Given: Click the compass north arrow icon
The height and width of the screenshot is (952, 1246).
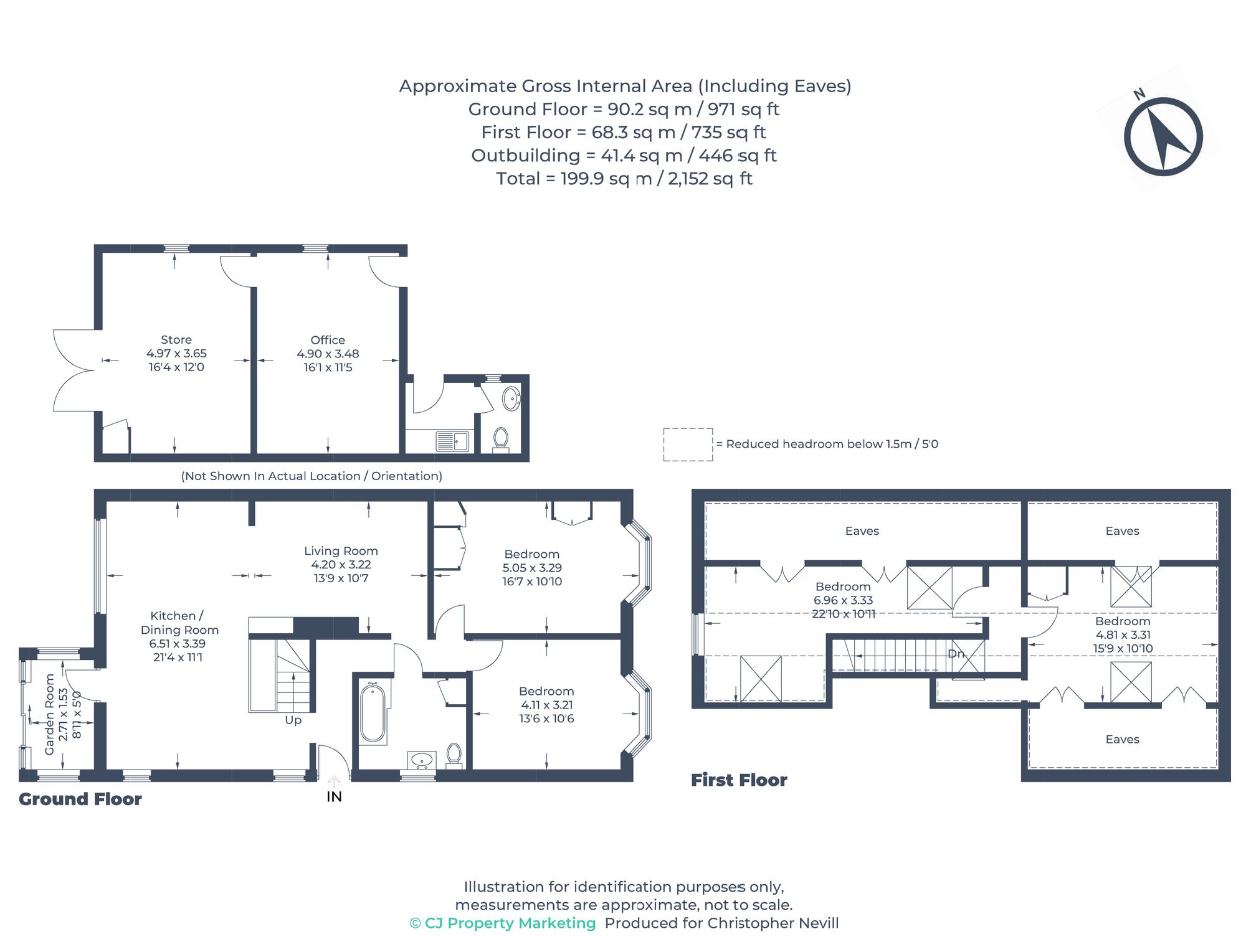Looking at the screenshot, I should [x=1163, y=136].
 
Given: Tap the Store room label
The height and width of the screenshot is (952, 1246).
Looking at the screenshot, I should [x=176, y=340].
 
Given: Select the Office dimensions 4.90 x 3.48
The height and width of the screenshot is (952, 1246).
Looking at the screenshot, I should [x=328, y=354].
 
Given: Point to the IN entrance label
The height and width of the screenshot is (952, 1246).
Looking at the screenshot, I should [x=334, y=797].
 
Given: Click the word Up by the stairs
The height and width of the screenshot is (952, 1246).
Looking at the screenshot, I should [x=293, y=720].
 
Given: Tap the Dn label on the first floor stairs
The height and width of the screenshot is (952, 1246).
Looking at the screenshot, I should [x=956, y=654].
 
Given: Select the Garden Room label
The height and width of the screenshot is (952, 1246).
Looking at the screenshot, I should [x=50, y=715].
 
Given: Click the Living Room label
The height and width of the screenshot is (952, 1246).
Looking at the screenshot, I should [x=341, y=551].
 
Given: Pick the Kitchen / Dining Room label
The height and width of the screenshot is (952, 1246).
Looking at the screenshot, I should [x=179, y=623].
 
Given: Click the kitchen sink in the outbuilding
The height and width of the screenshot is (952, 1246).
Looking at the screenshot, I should [x=452, y=441].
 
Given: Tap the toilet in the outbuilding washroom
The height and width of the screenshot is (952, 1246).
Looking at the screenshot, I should [x=501, y=438].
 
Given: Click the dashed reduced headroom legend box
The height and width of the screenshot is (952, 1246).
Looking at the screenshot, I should [x=688, y=445].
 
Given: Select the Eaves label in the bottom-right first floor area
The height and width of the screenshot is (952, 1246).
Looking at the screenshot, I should [x=1122, y=740].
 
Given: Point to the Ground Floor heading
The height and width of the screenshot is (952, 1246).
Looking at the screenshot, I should [x=80, y=799].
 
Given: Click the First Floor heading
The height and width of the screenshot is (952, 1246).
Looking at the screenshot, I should [x=739, y=780].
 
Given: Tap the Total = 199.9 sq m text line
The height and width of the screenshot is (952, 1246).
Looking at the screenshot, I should [x=624, y=179].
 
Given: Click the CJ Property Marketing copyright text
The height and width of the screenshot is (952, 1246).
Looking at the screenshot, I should [x=503, y=923].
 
